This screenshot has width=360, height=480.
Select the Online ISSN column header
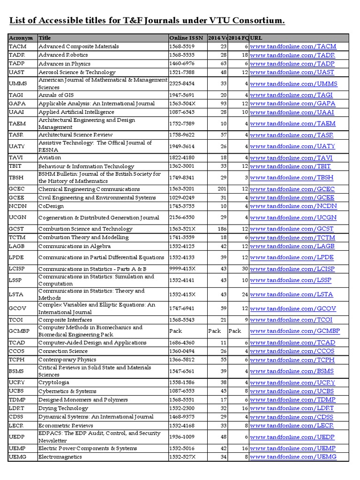click(x=186, y=38)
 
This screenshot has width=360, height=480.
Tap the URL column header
click(x=256, y=38)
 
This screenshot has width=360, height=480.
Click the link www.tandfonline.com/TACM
click(x=293, y=46)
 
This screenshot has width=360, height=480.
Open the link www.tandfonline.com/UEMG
click(x=293, y=457)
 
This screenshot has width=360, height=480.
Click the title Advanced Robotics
click(x=63, y=55)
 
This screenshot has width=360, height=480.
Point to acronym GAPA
click(x=17, y=103)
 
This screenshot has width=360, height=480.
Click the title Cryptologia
click(x=53, y=382)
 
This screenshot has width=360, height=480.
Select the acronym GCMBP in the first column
click(x=20, y=331)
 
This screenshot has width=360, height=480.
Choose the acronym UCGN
click(x=18, y=217)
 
